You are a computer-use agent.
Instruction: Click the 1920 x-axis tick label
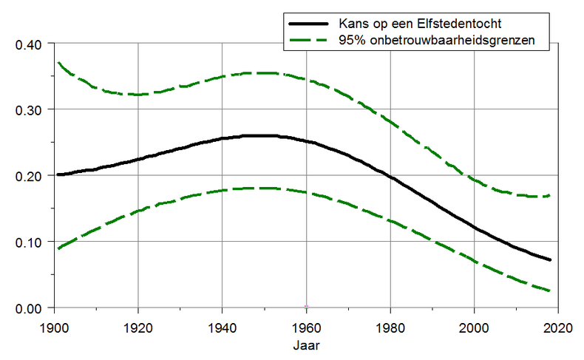coord(137,326)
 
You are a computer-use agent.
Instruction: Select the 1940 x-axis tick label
coord(222,326)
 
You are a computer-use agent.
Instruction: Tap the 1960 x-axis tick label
coord(306,326)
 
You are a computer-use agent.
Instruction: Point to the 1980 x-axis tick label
coord(390,326)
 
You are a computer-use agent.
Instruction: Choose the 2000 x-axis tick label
coord(475,326)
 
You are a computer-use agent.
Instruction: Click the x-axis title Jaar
coord(306,344)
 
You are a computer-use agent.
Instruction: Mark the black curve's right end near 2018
coord(550,259)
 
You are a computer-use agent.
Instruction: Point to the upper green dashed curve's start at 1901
coord(58,63)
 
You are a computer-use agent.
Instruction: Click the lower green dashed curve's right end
coord(550,291)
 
